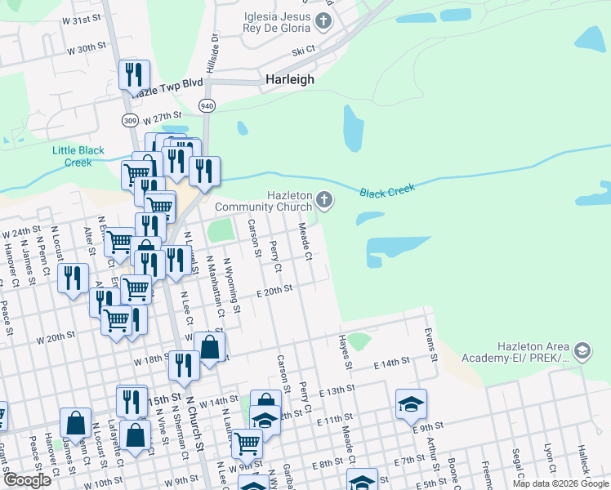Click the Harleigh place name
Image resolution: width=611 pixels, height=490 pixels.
click(290, 80)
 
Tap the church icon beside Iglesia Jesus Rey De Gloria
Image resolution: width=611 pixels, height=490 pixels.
click(324, 21)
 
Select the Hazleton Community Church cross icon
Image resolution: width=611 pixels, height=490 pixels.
click(324, 200)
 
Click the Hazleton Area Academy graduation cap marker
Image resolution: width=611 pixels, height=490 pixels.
click(582, 352)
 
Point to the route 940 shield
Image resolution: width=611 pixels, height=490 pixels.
click(207, 106)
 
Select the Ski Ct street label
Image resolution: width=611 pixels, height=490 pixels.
click(304, 51)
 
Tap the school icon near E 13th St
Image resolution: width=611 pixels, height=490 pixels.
click(411, 403)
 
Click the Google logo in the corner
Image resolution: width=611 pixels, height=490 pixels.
click(27, 480)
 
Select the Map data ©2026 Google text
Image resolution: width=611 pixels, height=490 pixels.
click(560, 483)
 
